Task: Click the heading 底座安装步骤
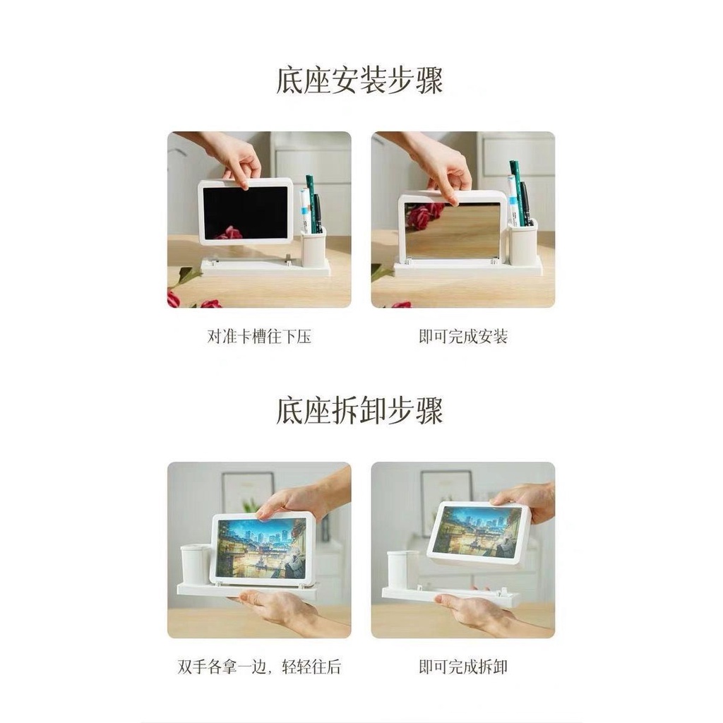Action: click(359, 80)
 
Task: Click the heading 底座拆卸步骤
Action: click(359, 411)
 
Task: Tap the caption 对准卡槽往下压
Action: click(259, 337)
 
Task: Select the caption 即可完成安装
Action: click(463, 337)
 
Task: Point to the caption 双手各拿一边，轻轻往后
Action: click(259, 667)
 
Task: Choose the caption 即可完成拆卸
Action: click(463, 667)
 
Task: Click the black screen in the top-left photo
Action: click(246, 210)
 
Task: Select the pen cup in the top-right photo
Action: click(523, 242)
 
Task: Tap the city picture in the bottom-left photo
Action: click(261, 549)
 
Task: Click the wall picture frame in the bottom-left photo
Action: click(247, 490)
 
